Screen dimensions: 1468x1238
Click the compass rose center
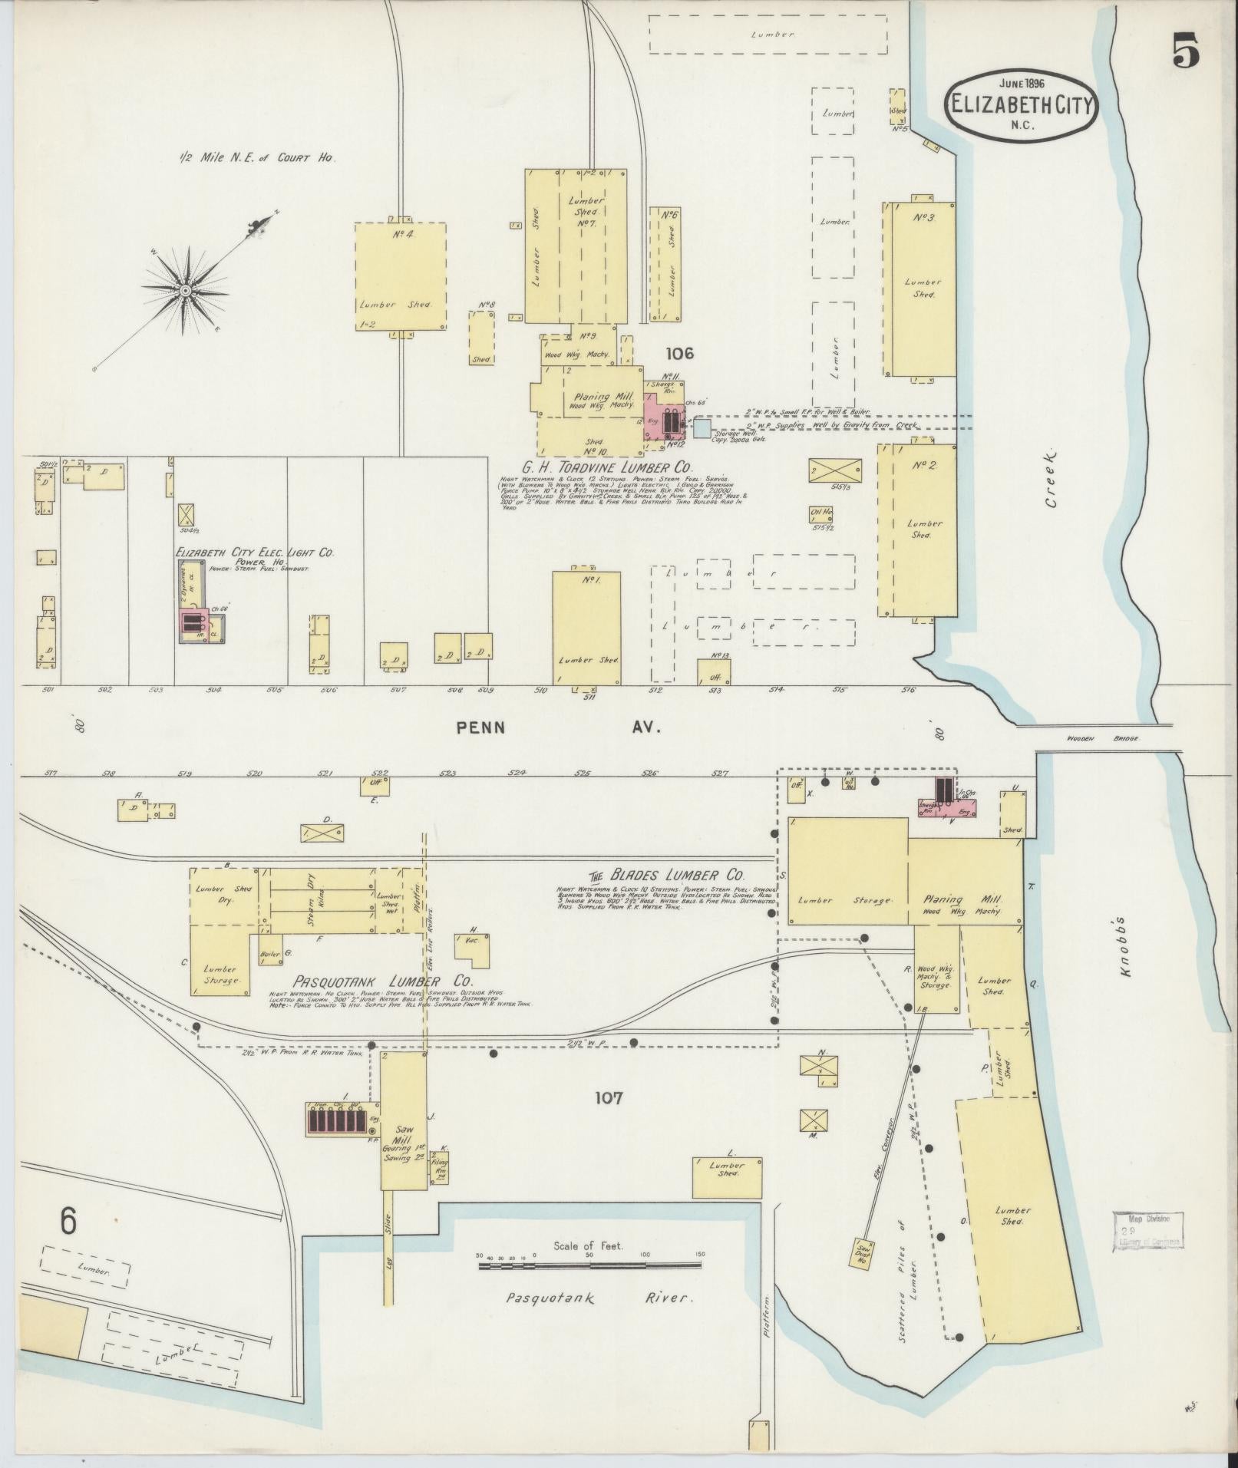coord(185,291)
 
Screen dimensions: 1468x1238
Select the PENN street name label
coord(481,727)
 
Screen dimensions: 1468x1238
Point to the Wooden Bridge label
coord(1103,738)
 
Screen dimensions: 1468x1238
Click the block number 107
coord(608,1099)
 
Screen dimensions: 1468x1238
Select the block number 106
coord(679,353)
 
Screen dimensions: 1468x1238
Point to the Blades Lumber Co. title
coord(666,875)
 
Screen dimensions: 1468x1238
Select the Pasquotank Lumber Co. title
coord(382,982)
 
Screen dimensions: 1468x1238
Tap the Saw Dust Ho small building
coord(861,1253)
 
